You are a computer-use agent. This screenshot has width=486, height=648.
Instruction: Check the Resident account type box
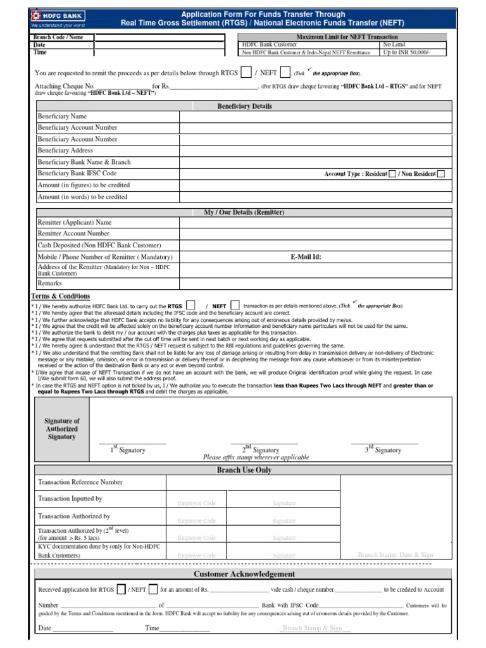click(x=392, y=174)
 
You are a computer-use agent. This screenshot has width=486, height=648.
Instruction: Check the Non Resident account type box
click(x=441, y=174)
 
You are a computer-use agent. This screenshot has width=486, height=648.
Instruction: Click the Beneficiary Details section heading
click(x=244, y=106)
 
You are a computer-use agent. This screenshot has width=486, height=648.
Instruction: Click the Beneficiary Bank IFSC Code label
click(x=77, y=173)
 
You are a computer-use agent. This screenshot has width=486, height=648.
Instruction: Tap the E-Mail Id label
click(x=306, y=257)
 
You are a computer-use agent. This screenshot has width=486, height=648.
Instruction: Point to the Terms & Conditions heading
click(x=61, y=296)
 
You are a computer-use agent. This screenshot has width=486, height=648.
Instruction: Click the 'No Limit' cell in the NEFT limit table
click(x=394, y=45)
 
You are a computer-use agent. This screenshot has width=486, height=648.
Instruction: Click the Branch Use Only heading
click(x=244, y=470)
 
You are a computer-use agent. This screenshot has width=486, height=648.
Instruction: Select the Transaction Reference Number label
click(x=80, y=482)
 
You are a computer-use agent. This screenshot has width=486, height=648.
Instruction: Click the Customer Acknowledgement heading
click(x=244, y=574)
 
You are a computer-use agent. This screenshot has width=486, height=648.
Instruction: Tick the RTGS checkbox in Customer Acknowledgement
click(x=121, y=589)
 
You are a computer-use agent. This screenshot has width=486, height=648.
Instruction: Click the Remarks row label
click(x=50, y=283)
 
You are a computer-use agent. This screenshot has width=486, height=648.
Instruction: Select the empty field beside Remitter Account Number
click(x=315, y=234)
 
